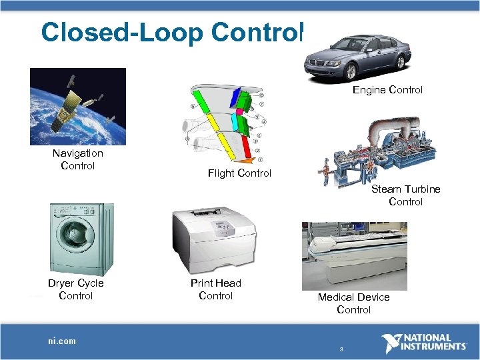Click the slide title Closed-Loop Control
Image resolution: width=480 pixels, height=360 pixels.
point(172,32)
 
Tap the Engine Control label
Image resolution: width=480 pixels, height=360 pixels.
point(387,89)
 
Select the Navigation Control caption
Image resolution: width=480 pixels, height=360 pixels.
point(78,159)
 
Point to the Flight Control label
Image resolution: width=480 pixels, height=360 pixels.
point(239,173)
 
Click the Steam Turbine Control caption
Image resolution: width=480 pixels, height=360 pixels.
point(405,195)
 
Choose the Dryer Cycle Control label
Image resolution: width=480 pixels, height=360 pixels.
point(76,289)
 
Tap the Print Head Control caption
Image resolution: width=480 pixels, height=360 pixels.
point(216,289)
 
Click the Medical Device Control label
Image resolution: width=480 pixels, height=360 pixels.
point(353,303)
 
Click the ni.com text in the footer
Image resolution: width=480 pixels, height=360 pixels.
point(62,341)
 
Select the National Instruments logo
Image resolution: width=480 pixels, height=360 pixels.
point(424,343)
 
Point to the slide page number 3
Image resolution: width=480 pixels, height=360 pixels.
point(341,349)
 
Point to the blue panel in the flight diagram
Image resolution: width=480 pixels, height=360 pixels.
point(235,99)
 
